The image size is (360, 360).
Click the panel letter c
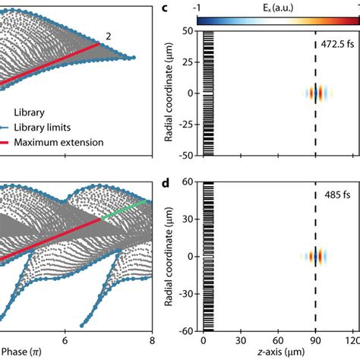coord(166,8)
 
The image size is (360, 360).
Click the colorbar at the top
coord(278,21)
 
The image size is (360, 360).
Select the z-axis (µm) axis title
coord(277,355)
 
